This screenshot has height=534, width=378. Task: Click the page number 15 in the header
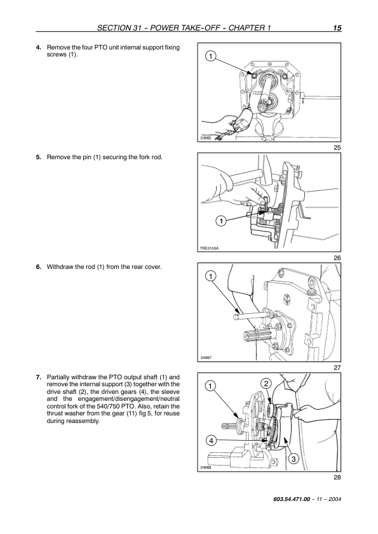(x=337, y=28)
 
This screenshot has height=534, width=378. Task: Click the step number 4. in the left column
(x=39, y=48)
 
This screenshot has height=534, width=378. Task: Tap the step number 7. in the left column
(x=39, y=377)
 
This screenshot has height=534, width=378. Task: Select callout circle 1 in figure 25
(x=211, y=56)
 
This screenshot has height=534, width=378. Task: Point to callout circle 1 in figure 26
(x=221, y=221)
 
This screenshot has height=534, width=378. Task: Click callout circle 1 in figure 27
(x=211, y=276)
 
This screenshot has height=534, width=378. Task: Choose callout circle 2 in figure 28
(x=266, y=384)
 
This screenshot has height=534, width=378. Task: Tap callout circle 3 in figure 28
(x=294, y=459)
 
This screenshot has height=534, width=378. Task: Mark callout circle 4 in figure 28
(x=211, y=441)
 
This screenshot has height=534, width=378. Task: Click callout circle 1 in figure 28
(x=211, y=386)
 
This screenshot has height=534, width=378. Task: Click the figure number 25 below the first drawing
(x=337, y=148)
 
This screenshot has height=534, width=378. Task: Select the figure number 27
(x=337, y=368)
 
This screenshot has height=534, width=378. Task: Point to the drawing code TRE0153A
(x=209, y=248)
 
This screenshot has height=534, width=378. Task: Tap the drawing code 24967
(x=206, y=358)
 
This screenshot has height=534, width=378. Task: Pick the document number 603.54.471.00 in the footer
(x=292, y=499)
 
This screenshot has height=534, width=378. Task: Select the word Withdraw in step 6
(x=58, y=266)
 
